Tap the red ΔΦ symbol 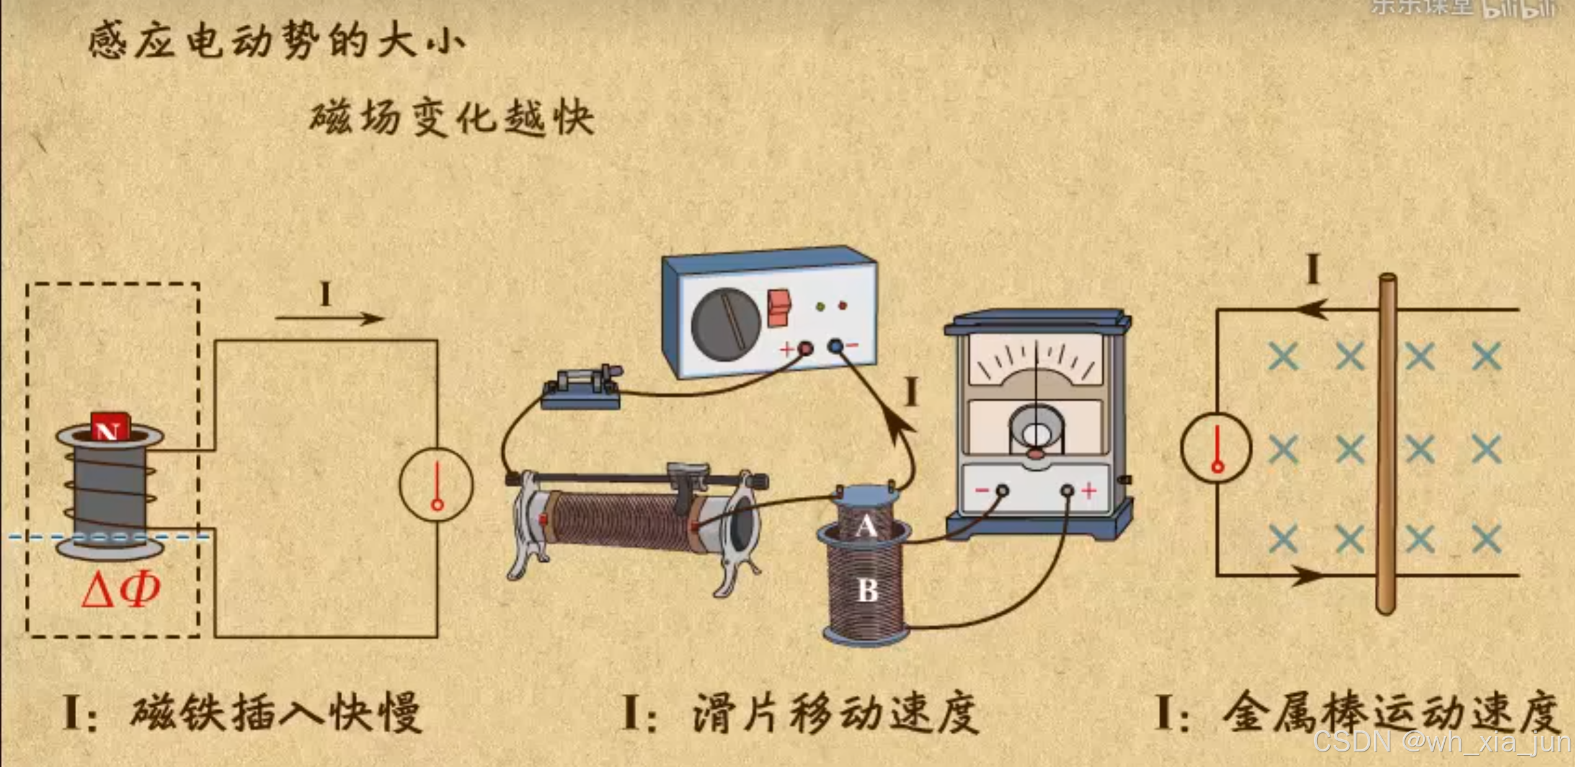pos(121,589)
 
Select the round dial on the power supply pos(725,323)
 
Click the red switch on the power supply pos(779,308)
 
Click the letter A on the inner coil pos(866,526)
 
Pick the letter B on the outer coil pos(867,590)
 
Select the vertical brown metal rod pos(1386,443)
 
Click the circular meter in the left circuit pos(437,484)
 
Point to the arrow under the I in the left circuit pos(329,319)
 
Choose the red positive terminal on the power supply pos(805,348)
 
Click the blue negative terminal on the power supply pos(836,345)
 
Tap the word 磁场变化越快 pos(451,117)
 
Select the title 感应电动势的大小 pos(277,41)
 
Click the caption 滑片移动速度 pos(835,713)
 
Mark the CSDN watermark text pos(1442,742)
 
